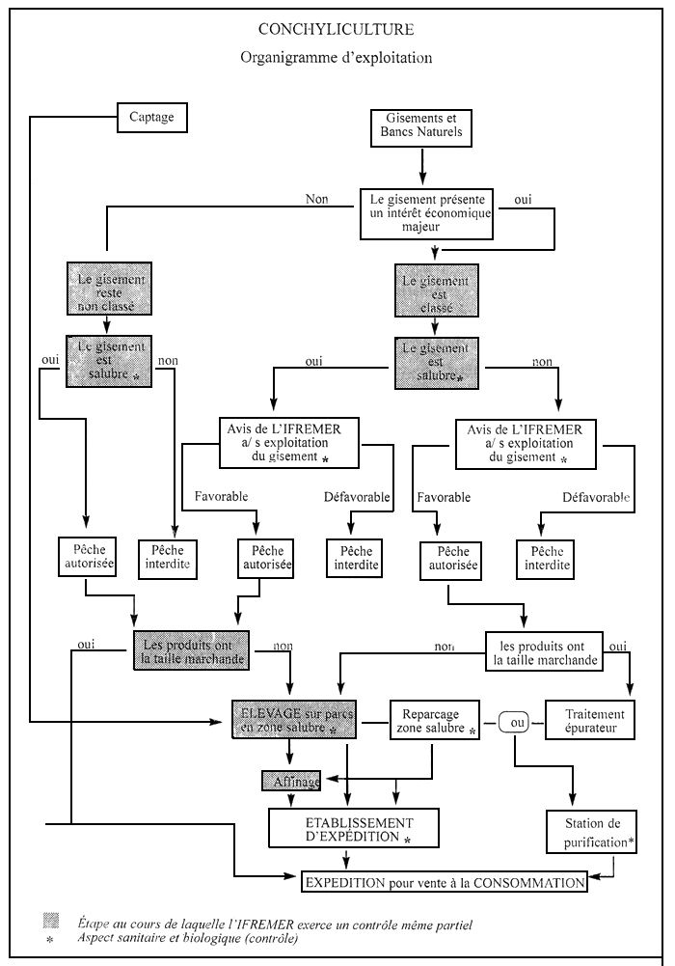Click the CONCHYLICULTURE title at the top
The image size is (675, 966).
pyautogui.click(x=336, y=31)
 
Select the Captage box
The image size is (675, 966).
pyautogui.click(x=151, y=118)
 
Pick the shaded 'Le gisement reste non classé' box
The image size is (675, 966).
pyautogui.click(x=106, y=289)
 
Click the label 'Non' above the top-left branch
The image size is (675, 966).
pyautogui.click(x=316, y=199)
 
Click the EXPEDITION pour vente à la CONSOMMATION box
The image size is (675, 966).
pyautogui.click(x=444, y=881)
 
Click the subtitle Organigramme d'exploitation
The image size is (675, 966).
pyautogui.click(x=336, y=59)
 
